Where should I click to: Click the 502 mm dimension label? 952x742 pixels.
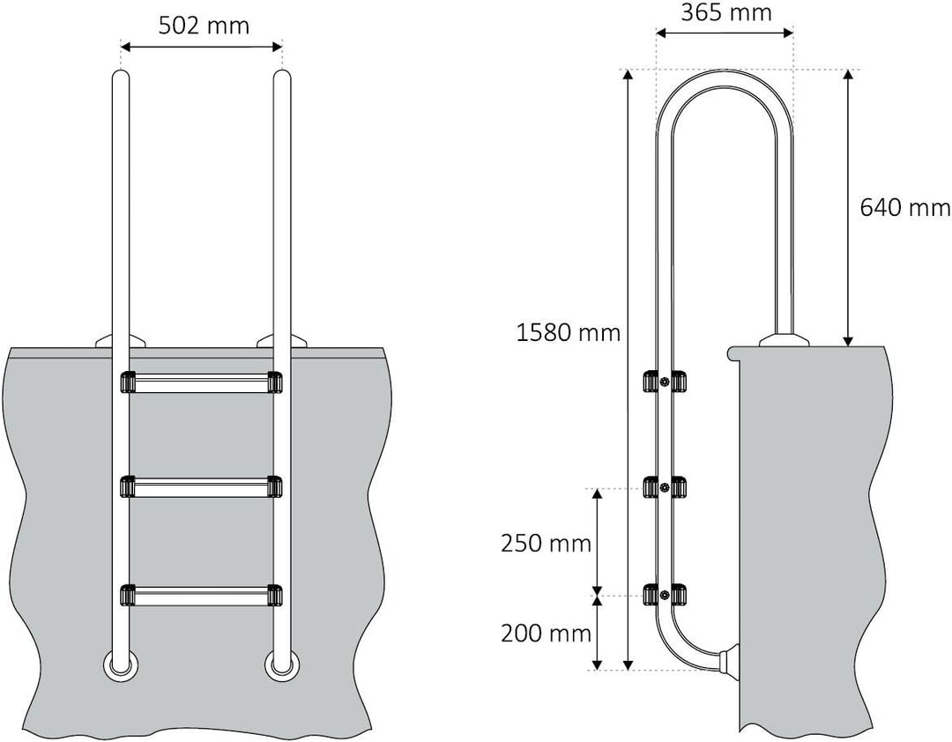tap(204, 26)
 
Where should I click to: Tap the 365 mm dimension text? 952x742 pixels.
tap(726, 13)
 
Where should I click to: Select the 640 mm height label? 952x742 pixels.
tap(904, 208)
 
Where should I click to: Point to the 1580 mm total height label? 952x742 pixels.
tap(569, 332)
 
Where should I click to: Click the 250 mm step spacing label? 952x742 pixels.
tap(546, 544)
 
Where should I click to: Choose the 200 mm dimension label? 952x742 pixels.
tap(546, 632)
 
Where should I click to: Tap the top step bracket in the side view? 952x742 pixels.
tap(666, 382)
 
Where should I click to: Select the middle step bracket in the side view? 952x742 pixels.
tap(666, 487)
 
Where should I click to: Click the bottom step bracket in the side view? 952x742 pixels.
tap(666, 596)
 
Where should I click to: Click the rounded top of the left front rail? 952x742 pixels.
tap(121, 78)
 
